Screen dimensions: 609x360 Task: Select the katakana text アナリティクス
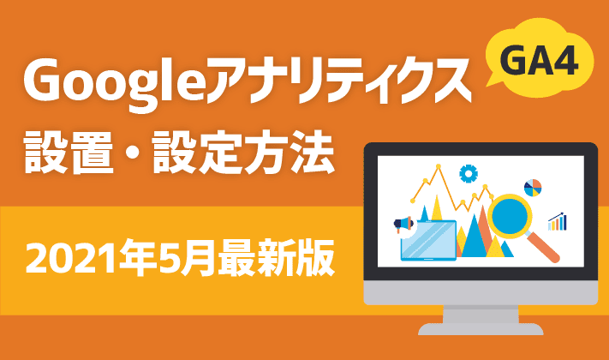tap(338, 81)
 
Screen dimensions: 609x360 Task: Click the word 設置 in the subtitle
tap(69, 153)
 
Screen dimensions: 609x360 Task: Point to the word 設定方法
tap(243, 153)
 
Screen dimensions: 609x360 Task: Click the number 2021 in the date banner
tap(72, 258)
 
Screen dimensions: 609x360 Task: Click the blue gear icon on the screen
tap(469, 173)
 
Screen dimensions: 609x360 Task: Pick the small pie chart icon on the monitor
tap(533, 188)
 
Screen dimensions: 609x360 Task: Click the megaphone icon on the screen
tap(403, 225)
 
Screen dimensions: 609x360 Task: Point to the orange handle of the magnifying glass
tap(542, 245)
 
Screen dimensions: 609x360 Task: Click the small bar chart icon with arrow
tap(558, 222)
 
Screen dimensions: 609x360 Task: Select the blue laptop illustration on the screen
tap(428, 240)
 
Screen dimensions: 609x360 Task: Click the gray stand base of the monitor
tap(481, 329)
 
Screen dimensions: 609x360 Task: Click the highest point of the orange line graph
tap(439, 166)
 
